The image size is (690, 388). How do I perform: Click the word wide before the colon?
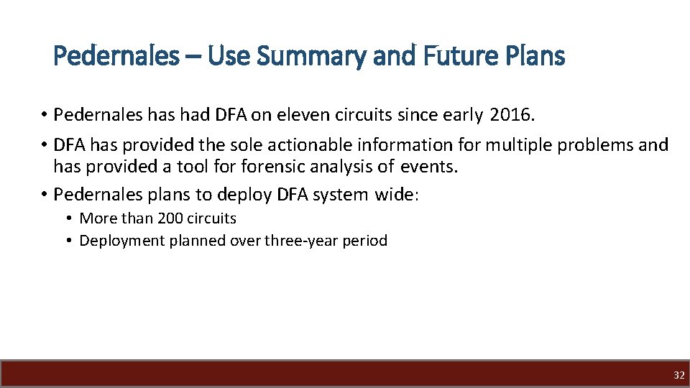tap(392, 195)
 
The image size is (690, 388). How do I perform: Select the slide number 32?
tap(679, 375)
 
